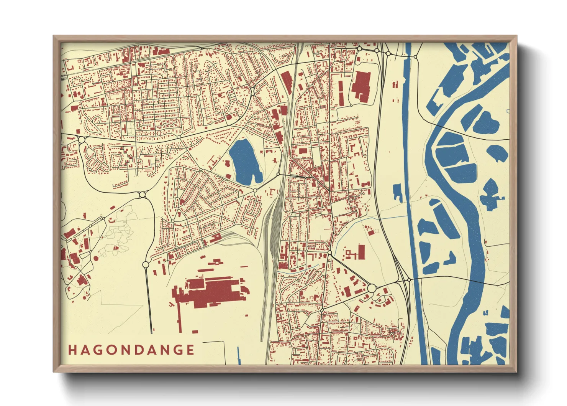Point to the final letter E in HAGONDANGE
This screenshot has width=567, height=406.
click(x=190, y=350)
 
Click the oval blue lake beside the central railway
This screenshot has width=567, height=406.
click(x=245, y=162)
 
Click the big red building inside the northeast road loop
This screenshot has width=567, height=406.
click(x=361, y=87)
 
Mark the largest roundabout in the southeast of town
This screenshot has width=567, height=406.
click(x=371, y=288)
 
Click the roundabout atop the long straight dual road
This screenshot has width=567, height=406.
click(x=146, y=264)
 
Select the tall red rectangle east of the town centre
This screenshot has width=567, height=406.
click(x=361, y=252)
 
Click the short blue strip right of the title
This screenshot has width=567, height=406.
click(x=239, y=355)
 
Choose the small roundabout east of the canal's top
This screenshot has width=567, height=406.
click(x=415, y=57)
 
